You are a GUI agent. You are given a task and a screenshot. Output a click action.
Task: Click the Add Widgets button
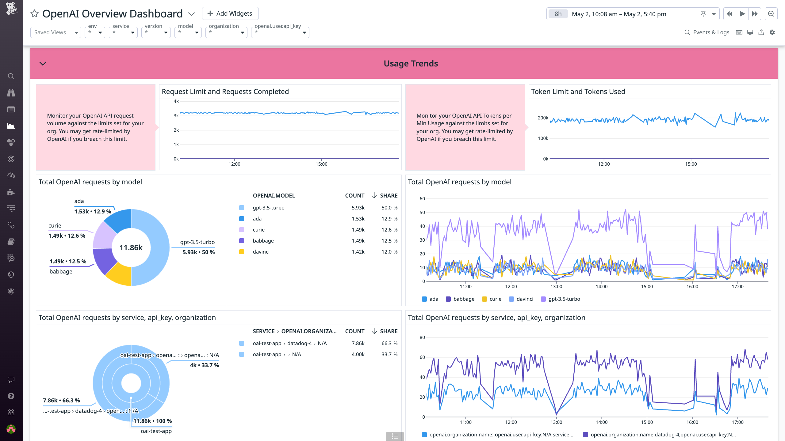click(230, 13)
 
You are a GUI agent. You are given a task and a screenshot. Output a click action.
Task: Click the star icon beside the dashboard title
click(34, 14)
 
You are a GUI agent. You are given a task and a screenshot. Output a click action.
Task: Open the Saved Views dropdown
click(56, 32)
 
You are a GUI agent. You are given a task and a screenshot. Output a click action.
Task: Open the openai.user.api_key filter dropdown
click(280, 32)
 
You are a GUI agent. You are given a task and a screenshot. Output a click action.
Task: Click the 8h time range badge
click(558, 14)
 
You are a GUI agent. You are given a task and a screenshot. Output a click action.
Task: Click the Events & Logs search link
click(707, 32)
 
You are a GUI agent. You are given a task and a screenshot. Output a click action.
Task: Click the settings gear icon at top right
click(772, 32)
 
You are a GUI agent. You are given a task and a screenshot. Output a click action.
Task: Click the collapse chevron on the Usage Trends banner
click(43, 64)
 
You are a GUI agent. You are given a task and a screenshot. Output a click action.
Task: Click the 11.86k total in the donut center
click(131, 247)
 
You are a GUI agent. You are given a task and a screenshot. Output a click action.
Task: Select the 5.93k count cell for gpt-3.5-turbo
click(358, 208)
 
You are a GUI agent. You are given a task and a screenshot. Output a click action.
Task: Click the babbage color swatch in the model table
click(242, 241)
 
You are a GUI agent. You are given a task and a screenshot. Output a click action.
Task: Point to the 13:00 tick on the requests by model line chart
click(556, 287)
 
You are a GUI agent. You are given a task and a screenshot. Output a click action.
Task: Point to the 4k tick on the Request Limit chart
click(176, 101)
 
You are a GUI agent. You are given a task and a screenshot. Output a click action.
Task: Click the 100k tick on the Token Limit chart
click(543, 138)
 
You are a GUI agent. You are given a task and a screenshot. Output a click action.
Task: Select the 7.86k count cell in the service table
click(358, 343)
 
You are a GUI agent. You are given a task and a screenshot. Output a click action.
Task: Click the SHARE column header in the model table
click(389, 195)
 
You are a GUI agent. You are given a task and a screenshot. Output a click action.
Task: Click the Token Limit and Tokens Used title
click(578, 92)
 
